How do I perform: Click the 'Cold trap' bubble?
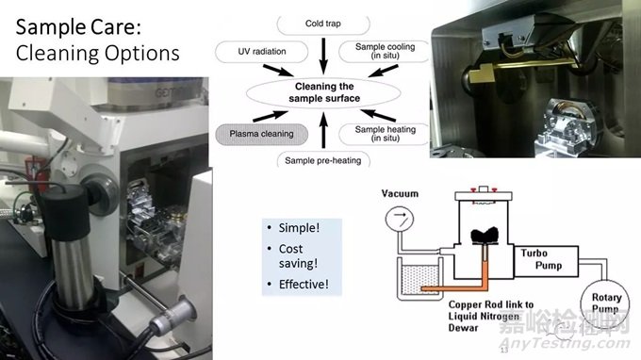click(323, 25)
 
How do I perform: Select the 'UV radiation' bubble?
click(262, 52)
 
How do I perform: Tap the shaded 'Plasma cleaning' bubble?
click(262, 134)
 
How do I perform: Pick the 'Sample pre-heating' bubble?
click(323, 160)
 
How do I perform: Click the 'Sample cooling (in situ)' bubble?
click(385, 51)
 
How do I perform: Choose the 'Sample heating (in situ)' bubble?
click(385, 134)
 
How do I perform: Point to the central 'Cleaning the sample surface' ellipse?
click(323, 92)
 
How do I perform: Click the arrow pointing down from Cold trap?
click(323, 57)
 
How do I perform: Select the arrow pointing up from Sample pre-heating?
click(323, 130)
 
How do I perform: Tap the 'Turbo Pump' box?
click(546, 261)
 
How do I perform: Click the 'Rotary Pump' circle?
click(605, 303)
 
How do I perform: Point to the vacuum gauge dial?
click(400, 219)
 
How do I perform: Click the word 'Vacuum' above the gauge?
click(400, 193)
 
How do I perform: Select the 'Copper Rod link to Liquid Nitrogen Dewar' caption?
click(490, 316)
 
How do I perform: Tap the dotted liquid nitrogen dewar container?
click(420, 278)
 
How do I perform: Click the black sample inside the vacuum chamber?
click(485, 236)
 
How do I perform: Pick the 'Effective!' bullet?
click(304, 284)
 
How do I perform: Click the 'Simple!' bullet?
click(299, 228)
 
